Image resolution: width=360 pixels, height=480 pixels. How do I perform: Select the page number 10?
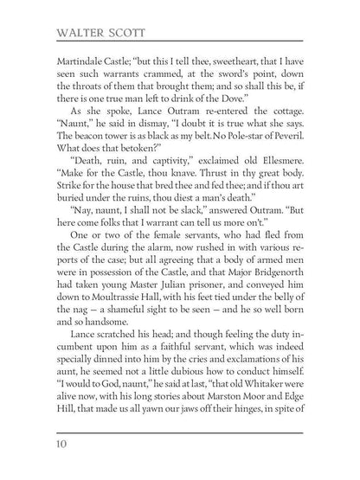click(64, 445)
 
